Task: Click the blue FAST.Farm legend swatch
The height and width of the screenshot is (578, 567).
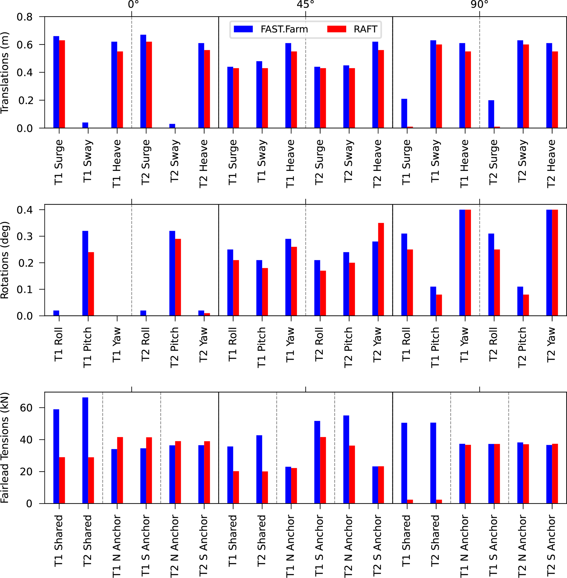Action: coord(243,29)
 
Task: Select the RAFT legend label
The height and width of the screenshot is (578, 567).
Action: coord(365,29)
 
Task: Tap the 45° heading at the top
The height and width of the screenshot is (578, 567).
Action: coord(306,4)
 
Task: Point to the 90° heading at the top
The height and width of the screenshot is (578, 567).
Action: coord(479,4)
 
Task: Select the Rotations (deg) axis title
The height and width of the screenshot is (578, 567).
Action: coord(5,260)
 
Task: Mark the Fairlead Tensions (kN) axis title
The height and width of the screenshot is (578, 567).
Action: coord(5,448)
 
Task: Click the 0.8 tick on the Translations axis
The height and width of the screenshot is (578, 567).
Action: coord(24,17)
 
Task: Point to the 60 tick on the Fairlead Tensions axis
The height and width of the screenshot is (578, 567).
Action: coord(26,408)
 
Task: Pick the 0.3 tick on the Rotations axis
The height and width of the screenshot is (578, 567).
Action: coord(24,236)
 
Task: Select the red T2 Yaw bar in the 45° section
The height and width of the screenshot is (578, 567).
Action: coord(381,269)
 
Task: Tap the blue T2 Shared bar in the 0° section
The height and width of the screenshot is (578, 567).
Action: coord(85,450)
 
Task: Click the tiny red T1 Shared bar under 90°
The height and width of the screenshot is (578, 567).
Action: coord(410,502)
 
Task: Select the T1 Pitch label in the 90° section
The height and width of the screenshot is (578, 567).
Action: coord(435,348)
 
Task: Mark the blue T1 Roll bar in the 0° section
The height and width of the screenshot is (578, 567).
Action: coord(56,313)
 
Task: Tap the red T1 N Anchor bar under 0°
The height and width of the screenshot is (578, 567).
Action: coord(120,470)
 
